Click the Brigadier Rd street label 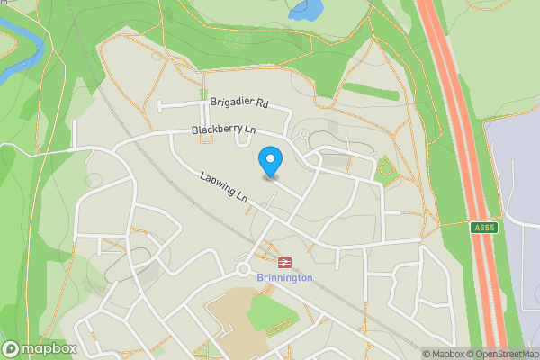(238, 103)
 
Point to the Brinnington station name (284, 278)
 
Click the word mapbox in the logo (50, 349)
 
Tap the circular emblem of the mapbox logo (12, 349)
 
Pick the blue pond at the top (306, 10)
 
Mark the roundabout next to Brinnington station (243, 267)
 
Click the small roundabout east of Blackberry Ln (304, 135)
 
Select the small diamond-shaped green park (387, 168)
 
